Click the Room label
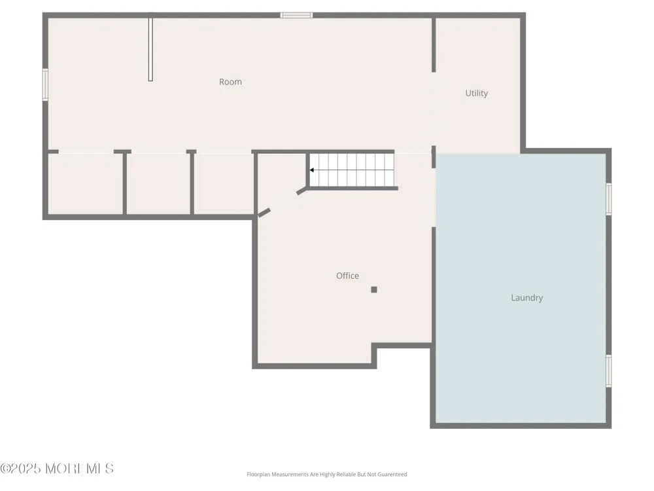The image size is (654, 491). pyautogui.click(x=230, y=82)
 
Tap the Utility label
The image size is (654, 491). pyautogui.click(x=476, y=93)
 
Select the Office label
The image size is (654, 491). pyautogui.click(x=347, y=276)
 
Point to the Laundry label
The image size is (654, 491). pyautogui.click(x=526, y=298)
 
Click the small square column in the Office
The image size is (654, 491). pyautogui.click(x=374, y=289)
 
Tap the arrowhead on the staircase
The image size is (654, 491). pyautogui.click(x=311, y=170)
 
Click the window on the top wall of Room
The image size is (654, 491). pyautogui.click(x=296, y=16)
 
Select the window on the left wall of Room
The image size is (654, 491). pyautogui.click(x=45, y=84)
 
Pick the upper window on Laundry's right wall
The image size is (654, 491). pyautogui.click(x=608, y=199)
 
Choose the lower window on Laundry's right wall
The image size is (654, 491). pyautogui.click(x=608, y=371)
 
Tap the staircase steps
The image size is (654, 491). pyautogui.click(x=352, y=170)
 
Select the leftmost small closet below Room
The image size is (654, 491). pyautogui.click(x=86, y=184)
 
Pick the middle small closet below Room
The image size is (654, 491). pyautogui.click(x=158, y=184)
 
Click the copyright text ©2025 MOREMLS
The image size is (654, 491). pyautogui.click(x=57, y=469)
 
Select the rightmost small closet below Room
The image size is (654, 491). pyautogui.click(x=224, y=184)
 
